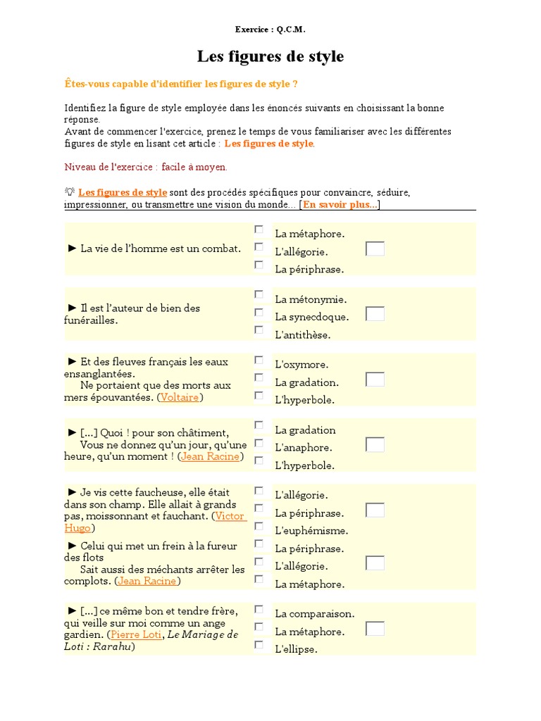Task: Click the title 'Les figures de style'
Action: point(270,56)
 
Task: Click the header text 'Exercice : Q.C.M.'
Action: point(270,30)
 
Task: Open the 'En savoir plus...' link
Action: point(340,205)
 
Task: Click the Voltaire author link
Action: point(180,398)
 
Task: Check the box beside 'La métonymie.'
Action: point(259,294)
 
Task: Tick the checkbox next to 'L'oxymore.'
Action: point(259,360)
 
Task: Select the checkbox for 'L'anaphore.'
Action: point(259,443)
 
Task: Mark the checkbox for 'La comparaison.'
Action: point(259,609)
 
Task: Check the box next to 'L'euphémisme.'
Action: point(259,526)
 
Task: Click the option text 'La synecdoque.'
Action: point(311,317)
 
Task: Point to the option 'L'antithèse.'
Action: point(302,334)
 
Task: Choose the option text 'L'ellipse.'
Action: point(296,649)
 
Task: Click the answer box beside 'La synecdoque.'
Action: point(375,314)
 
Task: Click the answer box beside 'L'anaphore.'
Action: point(375,445)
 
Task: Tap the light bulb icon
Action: point(70,192)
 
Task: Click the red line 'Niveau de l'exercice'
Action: point(146,167)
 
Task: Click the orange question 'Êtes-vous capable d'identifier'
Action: point(180,84)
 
